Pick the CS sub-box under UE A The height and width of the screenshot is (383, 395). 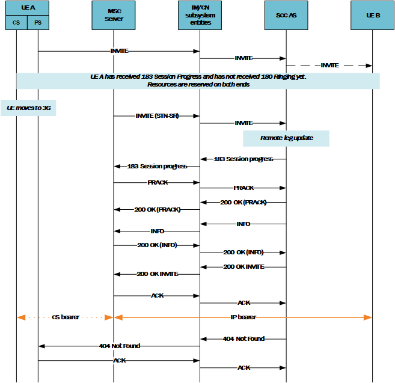tap(16, 23)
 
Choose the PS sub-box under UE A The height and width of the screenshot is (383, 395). tap(38, 23)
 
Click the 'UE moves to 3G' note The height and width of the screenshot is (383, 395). tap(28, 107)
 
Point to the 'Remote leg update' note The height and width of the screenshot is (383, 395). tap(286, 138)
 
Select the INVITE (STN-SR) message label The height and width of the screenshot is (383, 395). tap(157, 115)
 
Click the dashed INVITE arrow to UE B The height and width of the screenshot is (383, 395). tap(329, 65)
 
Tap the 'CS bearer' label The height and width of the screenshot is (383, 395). tap(66, 317)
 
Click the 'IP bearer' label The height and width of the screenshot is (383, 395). tap(243, 317)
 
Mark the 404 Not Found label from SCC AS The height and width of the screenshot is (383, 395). tap(243, 339)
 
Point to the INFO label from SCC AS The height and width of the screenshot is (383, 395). tap(243, 224)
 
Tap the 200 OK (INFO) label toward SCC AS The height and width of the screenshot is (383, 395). tap(243, 253)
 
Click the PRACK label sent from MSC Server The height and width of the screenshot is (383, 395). tap(157, 181)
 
